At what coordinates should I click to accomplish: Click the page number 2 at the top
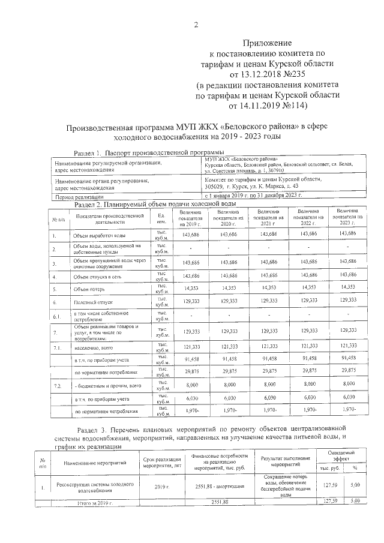pos(195,24)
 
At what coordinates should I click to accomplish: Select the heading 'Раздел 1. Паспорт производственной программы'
pos(144,153)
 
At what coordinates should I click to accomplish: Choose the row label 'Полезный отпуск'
pos(93,302)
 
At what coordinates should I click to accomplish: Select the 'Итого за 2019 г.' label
pos(92,501)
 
